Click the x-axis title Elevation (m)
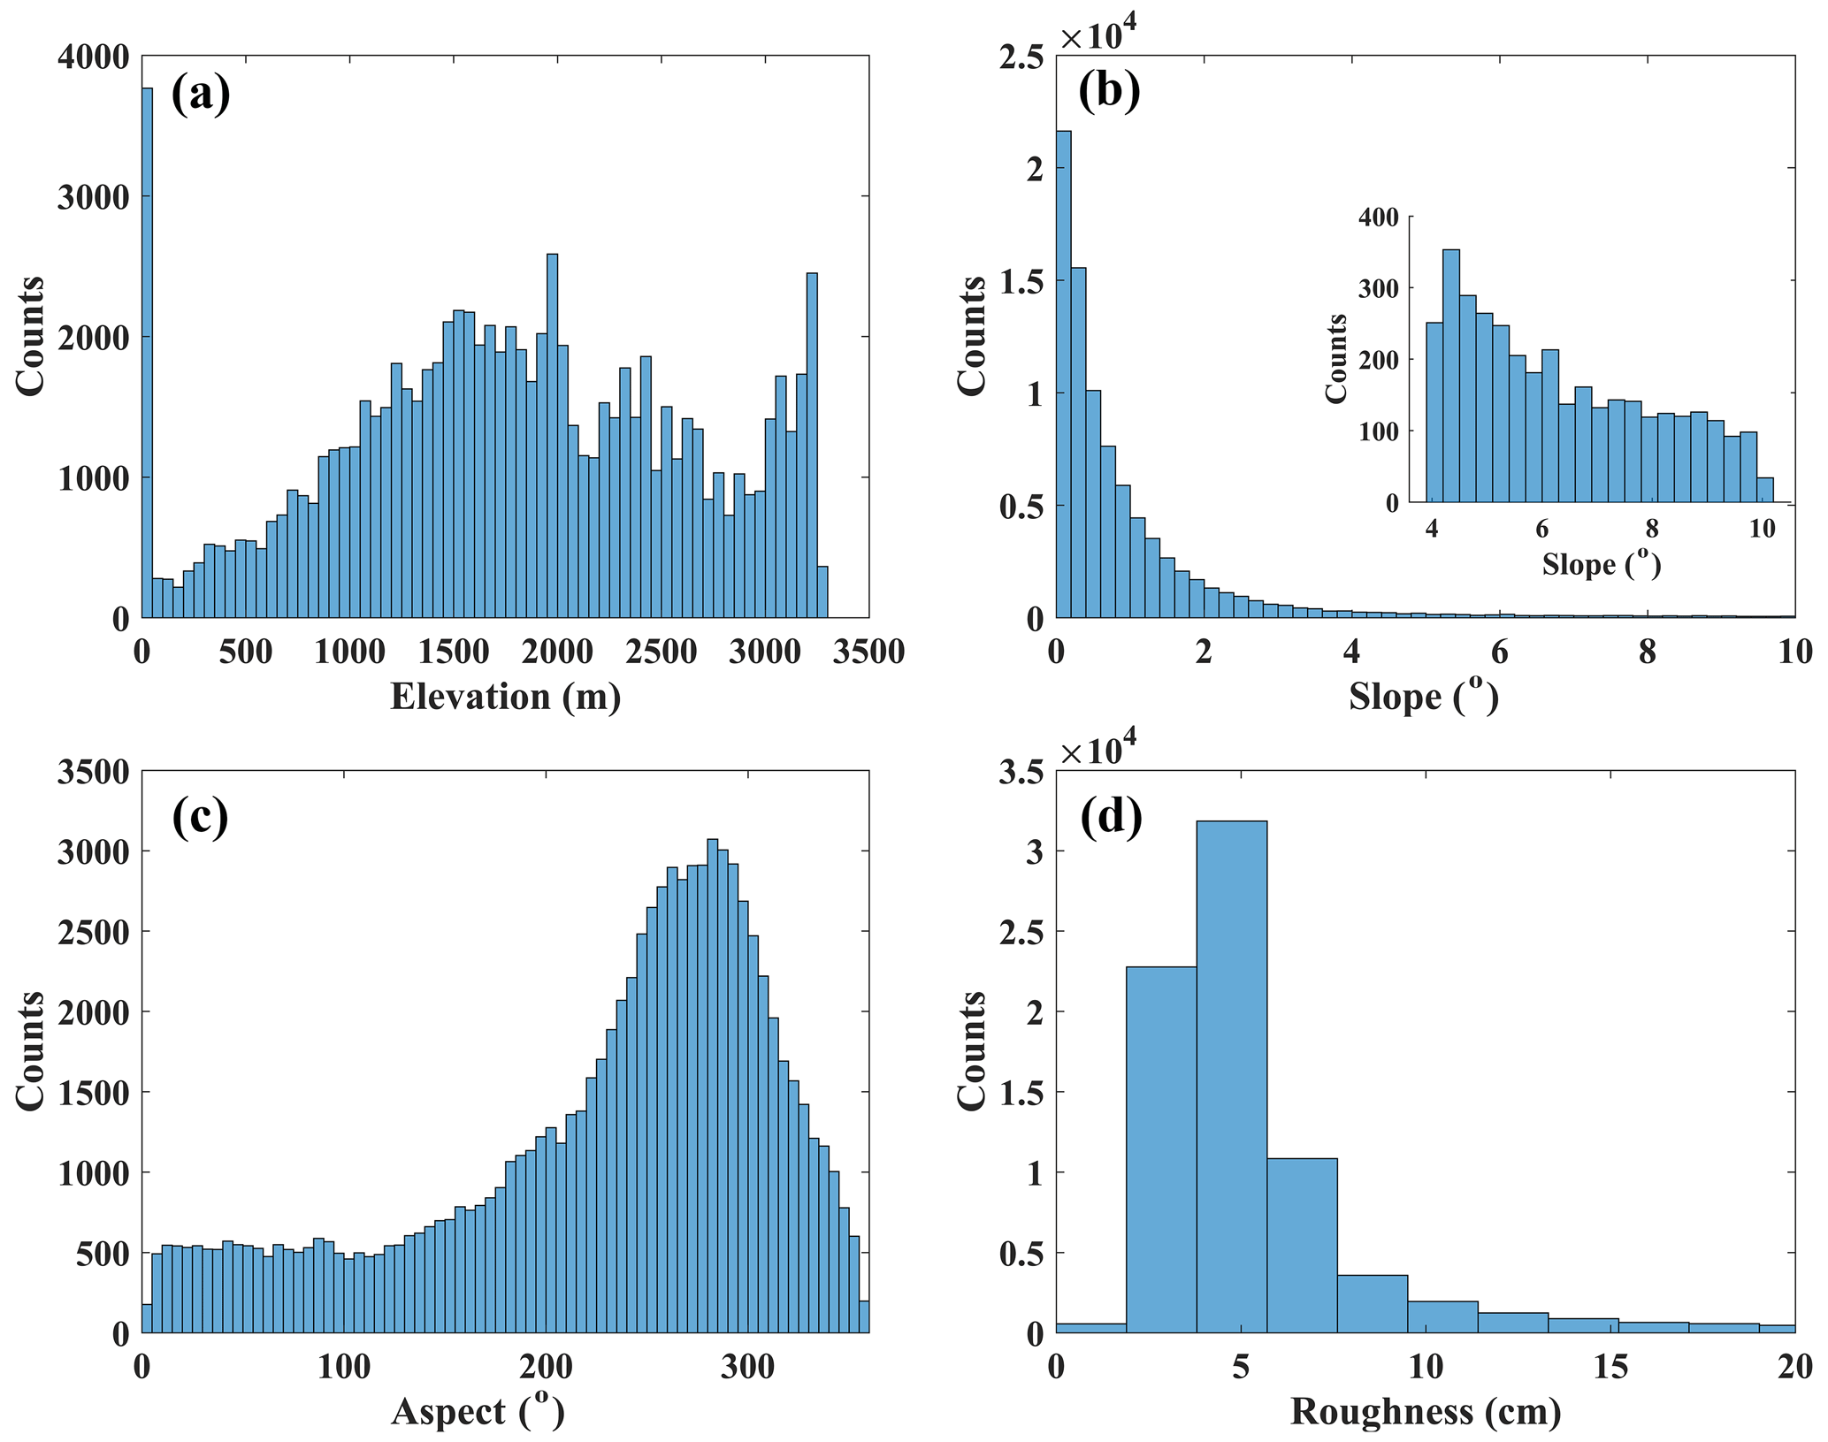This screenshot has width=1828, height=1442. coord(505,697)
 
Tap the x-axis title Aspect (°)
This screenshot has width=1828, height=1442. coord(478,1411)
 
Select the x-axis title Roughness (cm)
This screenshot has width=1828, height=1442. coord(1425,1411)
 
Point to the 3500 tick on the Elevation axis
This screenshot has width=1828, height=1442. coord(868,652)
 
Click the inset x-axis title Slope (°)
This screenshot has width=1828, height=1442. coord(1601,564)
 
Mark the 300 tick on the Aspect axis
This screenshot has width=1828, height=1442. coord(747,1368)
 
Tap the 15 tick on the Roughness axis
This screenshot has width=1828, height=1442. coord(1610,1368)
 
